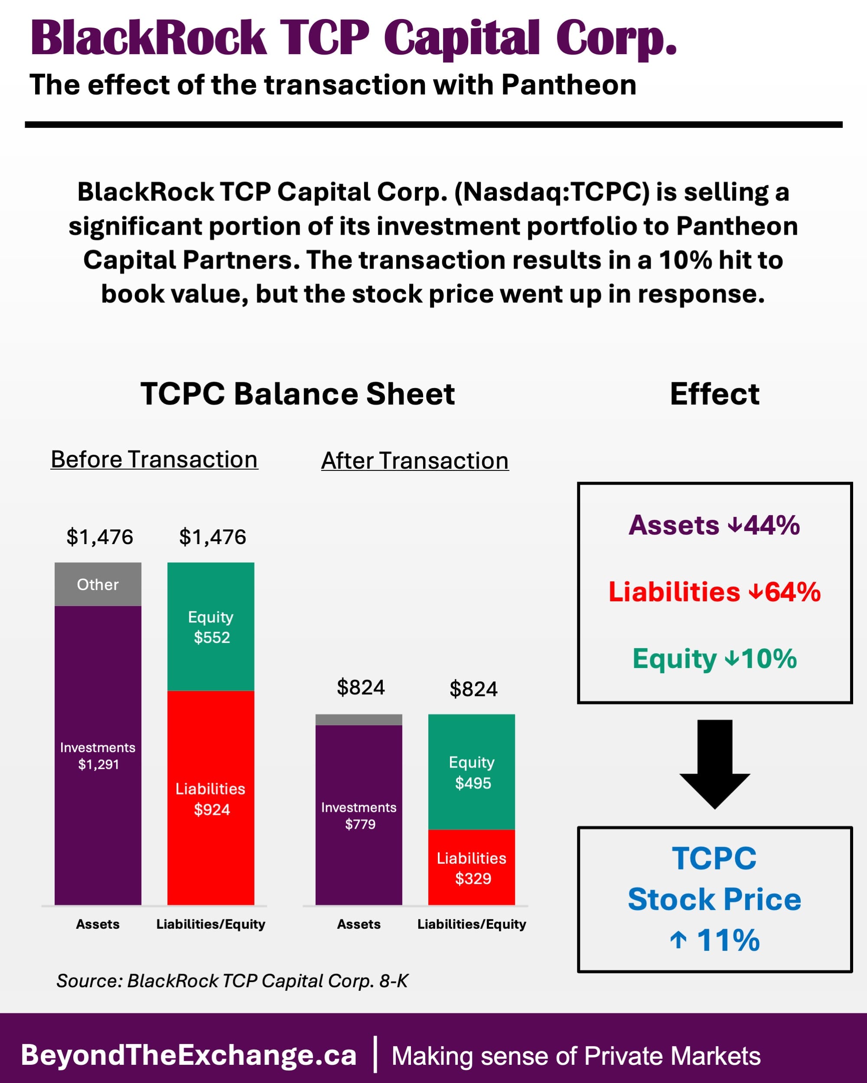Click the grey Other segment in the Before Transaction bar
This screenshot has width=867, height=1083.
(98, 584)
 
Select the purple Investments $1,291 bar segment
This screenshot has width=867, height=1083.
(98, 756)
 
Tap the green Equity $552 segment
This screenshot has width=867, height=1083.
(211, 627)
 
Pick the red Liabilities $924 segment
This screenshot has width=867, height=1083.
(211, 798)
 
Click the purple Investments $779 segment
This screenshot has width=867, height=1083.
(359, 815)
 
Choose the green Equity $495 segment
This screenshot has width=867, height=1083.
(472, 772)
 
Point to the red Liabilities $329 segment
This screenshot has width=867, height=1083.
(472, 868)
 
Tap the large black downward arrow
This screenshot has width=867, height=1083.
(715, 764)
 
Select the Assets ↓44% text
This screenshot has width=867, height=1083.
(714, 525)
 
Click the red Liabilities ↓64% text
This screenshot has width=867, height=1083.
(714, 592)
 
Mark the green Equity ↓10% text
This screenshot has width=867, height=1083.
(714, 658)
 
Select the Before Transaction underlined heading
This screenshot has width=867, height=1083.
(154, 460)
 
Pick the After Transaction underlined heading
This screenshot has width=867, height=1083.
(415, 460)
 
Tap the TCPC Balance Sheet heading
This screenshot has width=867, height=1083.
(297, 394)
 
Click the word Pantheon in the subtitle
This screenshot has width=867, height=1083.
(568, 84)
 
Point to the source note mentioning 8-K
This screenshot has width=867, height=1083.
(232, 980)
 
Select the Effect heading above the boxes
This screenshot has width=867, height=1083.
(714, 394)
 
